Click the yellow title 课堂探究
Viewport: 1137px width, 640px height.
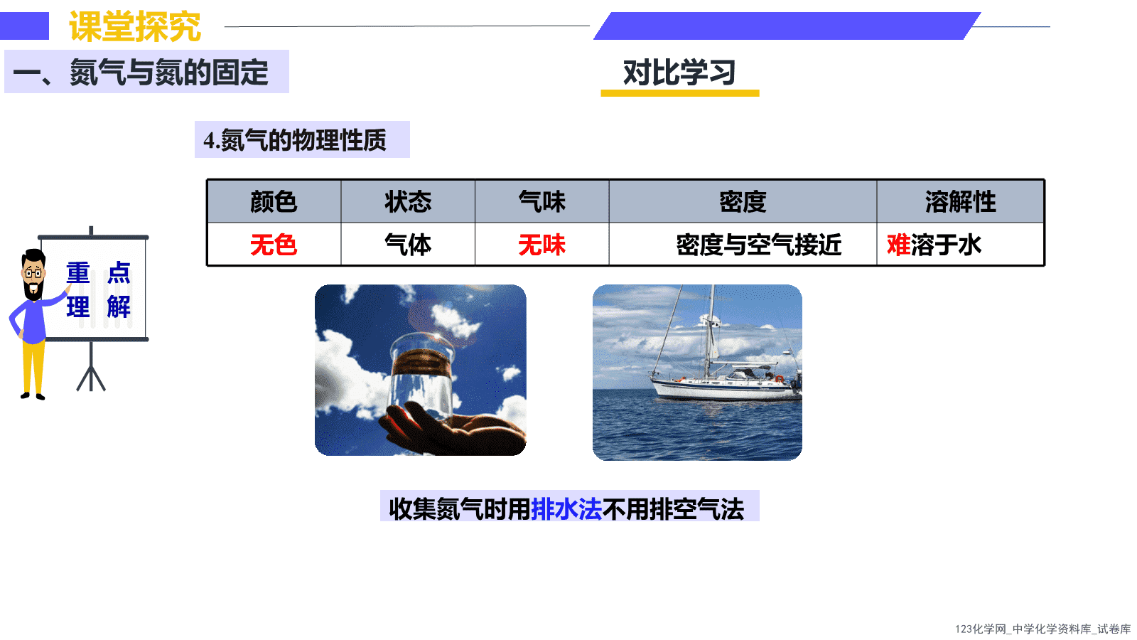pyautogui.click(x=135, y=26)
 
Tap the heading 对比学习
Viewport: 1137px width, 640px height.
pyautogui.click(x=679, y=73)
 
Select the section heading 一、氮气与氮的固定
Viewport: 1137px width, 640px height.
pyautogui.click(x=141, y=72)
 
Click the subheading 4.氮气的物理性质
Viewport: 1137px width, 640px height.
pyautogui.click(x=295, y=140)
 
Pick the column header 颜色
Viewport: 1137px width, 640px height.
pyautogui.click(x=274, y=202)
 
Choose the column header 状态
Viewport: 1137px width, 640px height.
pyautogui.click(x=408, y=202)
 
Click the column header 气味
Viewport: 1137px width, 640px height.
pyautogui.click(x=542, y=202)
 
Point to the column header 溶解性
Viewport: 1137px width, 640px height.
pyautogui.click(x=960, y=202)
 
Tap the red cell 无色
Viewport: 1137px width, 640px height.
pyautogui.click(x=274, y=245)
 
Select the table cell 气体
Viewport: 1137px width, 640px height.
pyautogui.click(x=408, y=245)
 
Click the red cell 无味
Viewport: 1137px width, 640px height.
pyautogui.click(x=542, y=245)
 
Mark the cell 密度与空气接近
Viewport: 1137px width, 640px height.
pyautogui.click(x=759, y=245)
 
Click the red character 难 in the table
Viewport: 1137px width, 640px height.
pyautogui.click(x=898, y=245)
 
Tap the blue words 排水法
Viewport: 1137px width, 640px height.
pyautogui.click(x=566, y=509)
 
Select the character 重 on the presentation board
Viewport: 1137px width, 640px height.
pyautogui.click(x=78, y=273)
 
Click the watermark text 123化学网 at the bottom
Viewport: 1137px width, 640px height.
pyautogui.click(x=980, y=629)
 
